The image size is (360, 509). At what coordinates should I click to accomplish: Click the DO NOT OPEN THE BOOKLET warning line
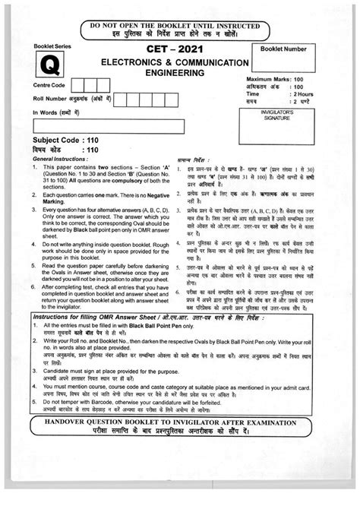pos(180,25)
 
